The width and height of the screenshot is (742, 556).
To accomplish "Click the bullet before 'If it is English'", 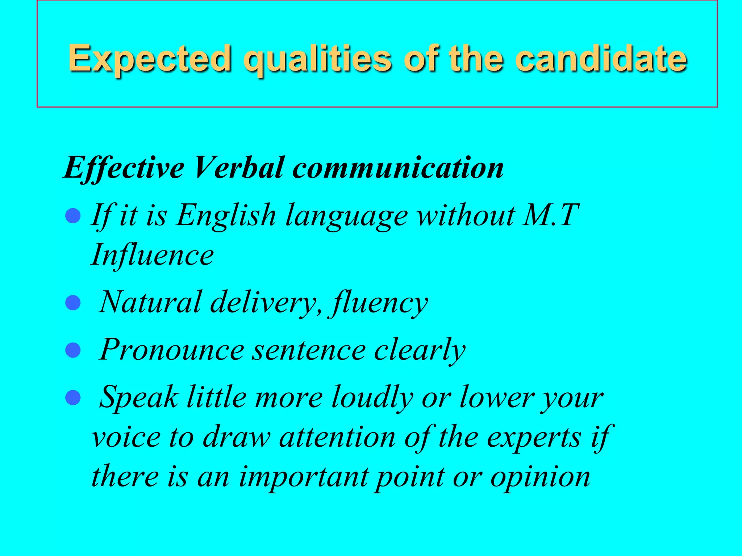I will (x=73, y=216).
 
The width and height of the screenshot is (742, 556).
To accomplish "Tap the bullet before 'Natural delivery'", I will (x=73, y=303).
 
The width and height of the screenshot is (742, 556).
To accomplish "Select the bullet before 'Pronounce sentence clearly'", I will (x=73, y=350).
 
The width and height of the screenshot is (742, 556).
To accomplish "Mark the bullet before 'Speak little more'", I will (x=73, y=397).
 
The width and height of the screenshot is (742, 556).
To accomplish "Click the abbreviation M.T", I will (x=551, y=215).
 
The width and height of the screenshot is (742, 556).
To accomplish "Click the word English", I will (x=226, y=215).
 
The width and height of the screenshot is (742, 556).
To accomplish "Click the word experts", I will (x=534, y=437).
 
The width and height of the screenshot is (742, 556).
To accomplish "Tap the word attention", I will (x=337, y=437).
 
